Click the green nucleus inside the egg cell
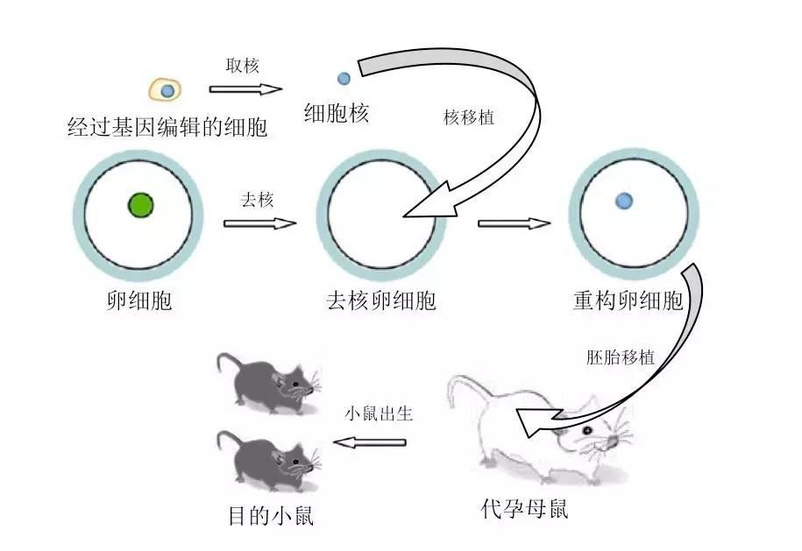140,205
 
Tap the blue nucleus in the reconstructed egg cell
624,201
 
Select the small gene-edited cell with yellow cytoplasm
165,89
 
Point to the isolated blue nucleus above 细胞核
344,79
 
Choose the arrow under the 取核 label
245,88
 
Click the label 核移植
469,117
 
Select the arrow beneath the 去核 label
260,223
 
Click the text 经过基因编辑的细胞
167,128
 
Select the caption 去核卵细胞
381,301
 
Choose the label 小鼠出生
378,414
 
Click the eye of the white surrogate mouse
584,432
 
